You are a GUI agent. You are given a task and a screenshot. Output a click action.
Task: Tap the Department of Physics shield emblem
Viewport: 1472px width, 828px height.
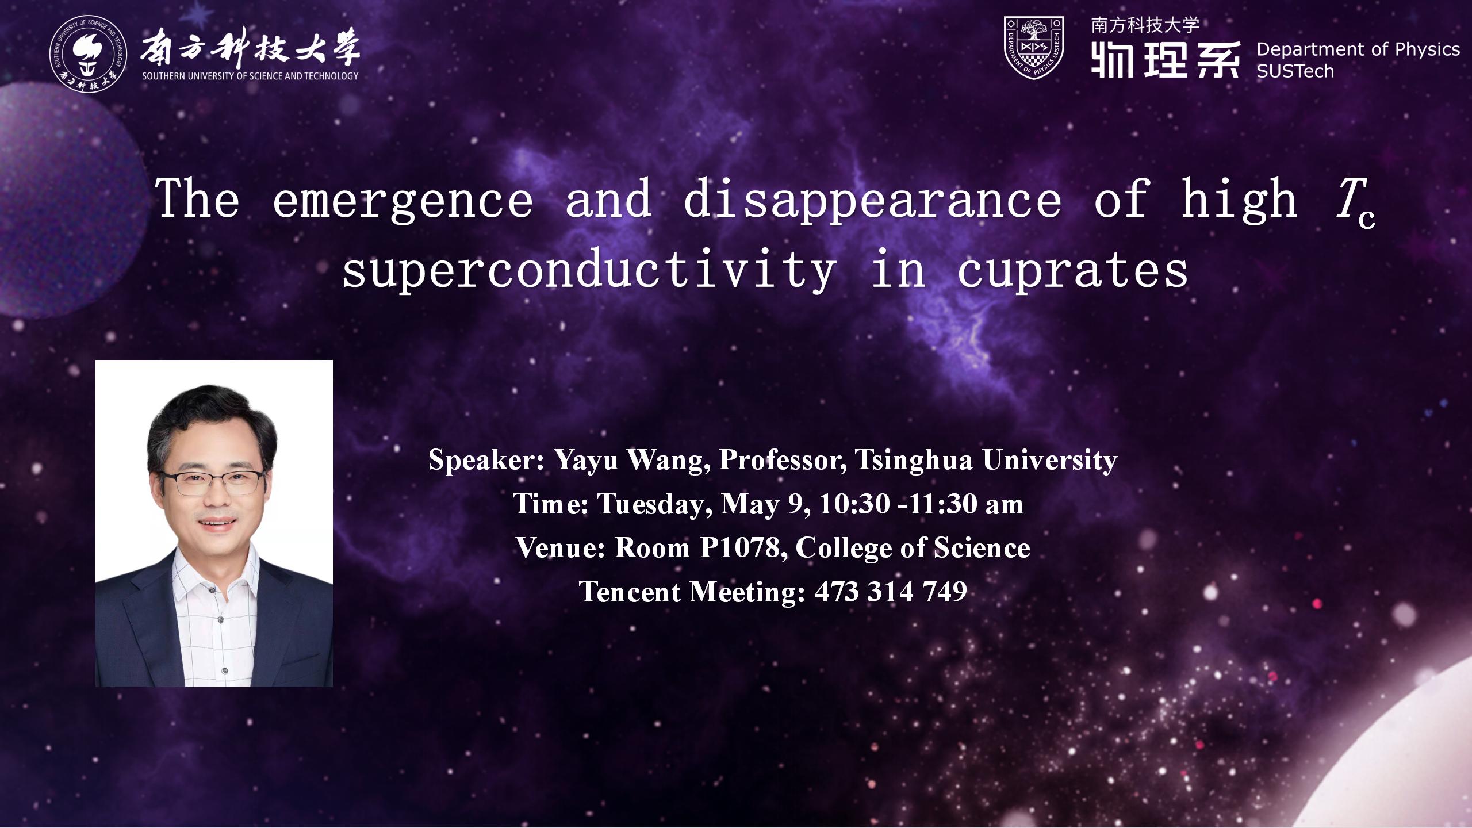(x=1033, y=47)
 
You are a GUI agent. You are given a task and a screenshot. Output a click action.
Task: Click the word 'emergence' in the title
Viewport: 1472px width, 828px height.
(x=402, y=200)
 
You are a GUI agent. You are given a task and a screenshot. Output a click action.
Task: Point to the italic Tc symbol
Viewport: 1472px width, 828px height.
(x=1355, y=202)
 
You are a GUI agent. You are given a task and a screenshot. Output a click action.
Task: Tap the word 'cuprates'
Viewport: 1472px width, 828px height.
(x=1073, y=270)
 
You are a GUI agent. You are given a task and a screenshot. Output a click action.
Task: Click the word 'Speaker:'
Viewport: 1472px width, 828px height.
(x=486, y=460)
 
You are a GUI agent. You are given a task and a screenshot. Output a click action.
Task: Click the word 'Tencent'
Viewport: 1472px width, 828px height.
(x=630, y=592)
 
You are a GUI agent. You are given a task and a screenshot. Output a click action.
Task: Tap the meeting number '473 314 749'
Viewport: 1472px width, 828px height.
(x=891, y=592)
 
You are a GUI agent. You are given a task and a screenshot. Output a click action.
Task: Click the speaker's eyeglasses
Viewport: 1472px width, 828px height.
(x=213, y=482)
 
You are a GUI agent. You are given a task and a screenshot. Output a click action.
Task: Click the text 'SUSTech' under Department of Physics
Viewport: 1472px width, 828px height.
(x=1295, y=71)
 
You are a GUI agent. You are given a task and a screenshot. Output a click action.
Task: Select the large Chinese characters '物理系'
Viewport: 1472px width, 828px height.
(x=1166, y=60)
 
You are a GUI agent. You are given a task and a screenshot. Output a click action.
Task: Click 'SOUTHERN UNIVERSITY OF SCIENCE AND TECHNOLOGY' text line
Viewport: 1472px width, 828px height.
(x=250, y=76)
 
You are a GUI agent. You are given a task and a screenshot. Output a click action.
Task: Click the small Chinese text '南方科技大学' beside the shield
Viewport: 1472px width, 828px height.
(x=1145, y=25)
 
